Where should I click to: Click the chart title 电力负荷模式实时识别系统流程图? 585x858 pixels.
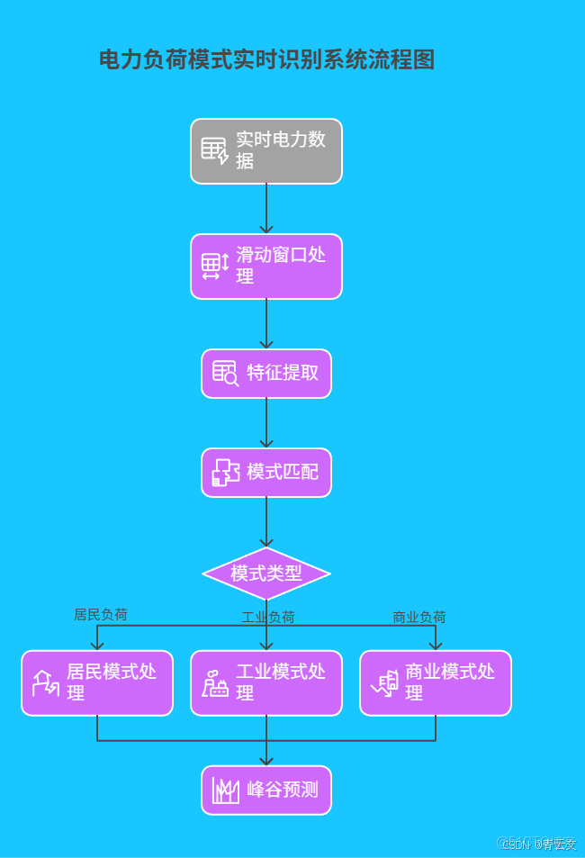[266, 60]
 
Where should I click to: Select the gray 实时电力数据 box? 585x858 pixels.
[266, 151]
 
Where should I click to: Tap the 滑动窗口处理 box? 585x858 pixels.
[266, 266]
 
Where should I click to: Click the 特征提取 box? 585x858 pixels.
[266, 374]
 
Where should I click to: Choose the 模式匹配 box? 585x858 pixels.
[266, 473]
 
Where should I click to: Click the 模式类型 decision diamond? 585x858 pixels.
[266, 574]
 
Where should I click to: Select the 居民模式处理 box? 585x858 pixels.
[97, 683]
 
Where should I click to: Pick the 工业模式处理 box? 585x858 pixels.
[266, 683]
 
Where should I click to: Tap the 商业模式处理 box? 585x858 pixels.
[436, 683]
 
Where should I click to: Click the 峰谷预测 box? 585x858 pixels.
[266, 790]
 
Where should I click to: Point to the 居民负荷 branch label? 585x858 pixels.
[100, 615]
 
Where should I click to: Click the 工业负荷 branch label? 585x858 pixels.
[268, 618]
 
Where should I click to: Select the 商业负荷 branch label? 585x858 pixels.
[419, 618]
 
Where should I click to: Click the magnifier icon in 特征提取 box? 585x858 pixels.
[225, 374]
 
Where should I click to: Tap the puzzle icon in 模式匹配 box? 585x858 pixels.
[225, 473]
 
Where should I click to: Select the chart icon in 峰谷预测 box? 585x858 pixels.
[225, 790]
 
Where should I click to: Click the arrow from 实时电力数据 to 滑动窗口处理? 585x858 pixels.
[266, 209]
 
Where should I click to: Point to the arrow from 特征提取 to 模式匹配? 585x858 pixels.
[266, 423]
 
